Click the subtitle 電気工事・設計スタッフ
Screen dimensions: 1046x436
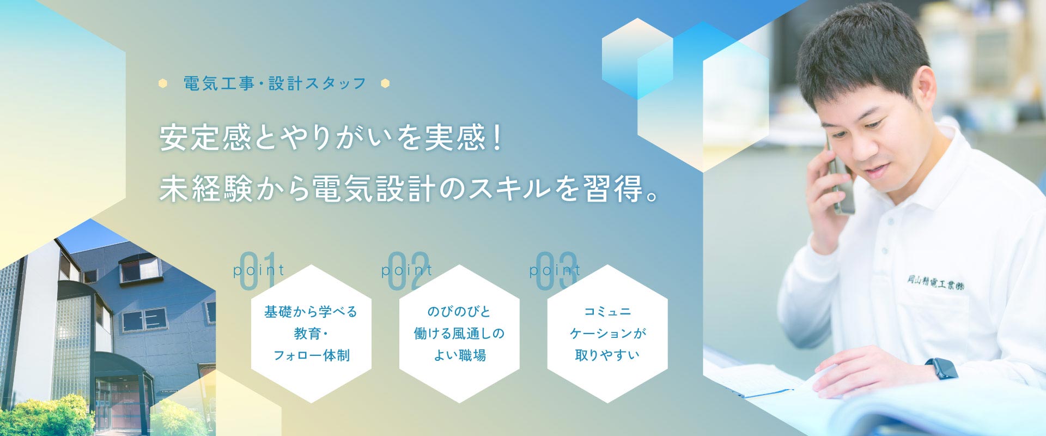275,83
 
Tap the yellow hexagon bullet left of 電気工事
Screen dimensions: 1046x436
162,83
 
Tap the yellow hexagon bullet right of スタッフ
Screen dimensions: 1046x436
385,83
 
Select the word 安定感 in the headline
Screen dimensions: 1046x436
206,137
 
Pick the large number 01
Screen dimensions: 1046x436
257,271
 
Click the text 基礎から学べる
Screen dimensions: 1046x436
311,312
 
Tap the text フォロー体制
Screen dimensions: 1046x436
311,355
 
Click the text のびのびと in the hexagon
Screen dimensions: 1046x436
459,312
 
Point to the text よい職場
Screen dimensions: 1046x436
459,355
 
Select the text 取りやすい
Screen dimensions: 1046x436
607,355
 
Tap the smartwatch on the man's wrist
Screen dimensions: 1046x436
941,368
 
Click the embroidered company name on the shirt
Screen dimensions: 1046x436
935,282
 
